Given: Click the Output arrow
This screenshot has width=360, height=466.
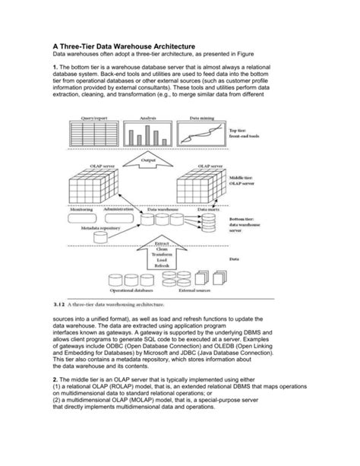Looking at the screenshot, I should click(148, 160).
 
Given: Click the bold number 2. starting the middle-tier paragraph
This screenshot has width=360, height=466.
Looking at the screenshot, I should click(55, 398).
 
